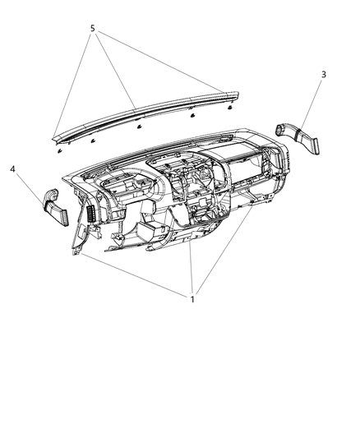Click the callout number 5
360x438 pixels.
point(92,29)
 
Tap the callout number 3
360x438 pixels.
point(323,75)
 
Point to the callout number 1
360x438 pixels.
point(193,299)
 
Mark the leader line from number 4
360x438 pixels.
point(30,186)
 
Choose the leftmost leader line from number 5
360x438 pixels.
point(74,82)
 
